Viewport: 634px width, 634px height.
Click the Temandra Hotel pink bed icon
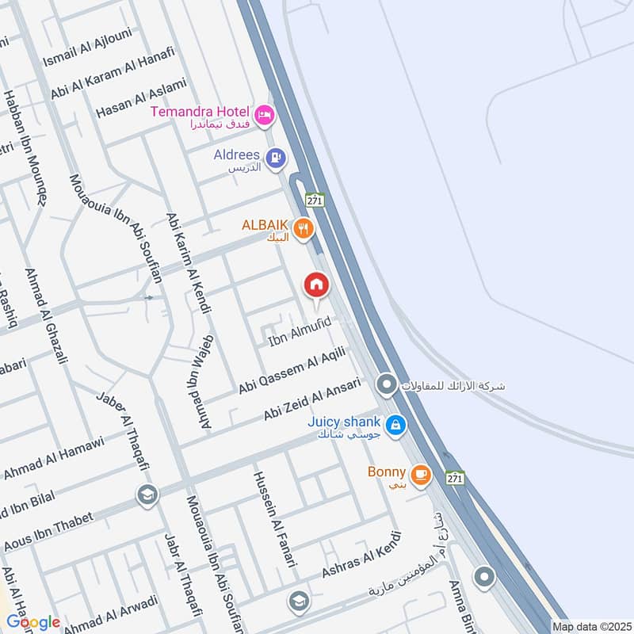coord(265,115)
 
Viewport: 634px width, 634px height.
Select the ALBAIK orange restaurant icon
coord(303,230)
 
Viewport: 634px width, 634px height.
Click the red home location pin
coord(316,285)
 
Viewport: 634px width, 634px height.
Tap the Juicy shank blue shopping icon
coord(396,426)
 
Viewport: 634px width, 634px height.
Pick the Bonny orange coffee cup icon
coord(421,474)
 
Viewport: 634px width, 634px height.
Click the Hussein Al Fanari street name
coord(273,518)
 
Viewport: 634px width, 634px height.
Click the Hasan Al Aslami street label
coord(140,98)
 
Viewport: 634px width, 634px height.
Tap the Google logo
coord(33,622)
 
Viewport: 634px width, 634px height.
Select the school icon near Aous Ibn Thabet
coord(147,495)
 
